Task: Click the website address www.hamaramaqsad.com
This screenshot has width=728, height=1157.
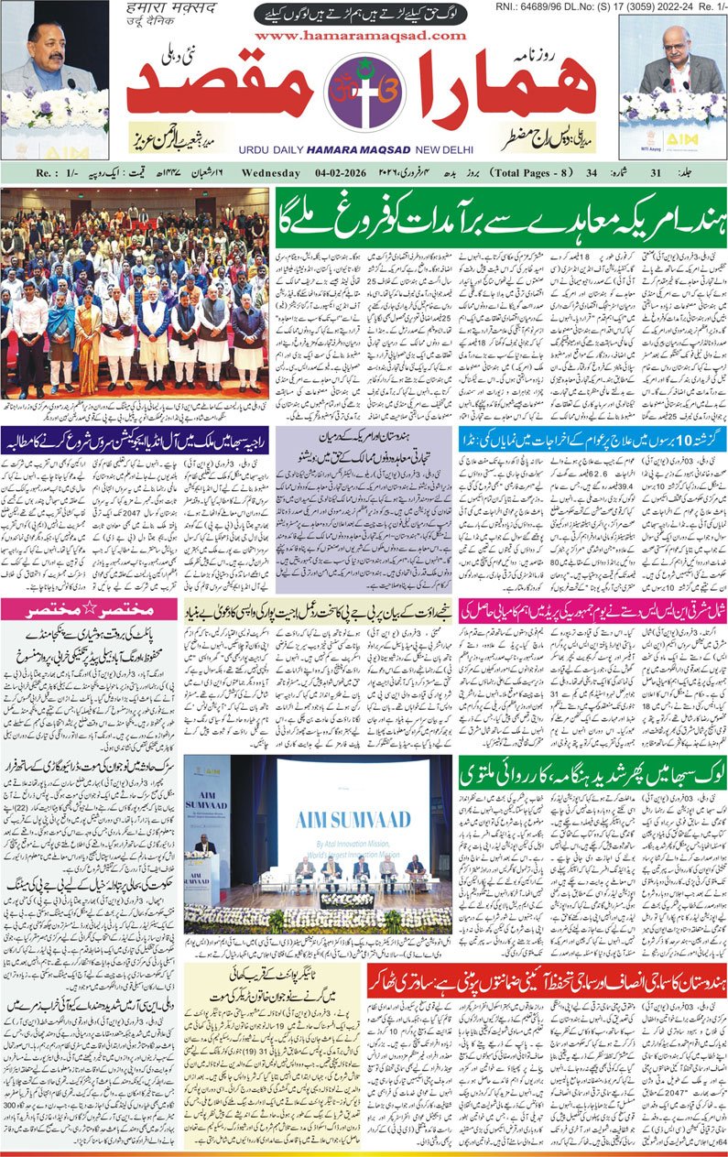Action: tap(361, 35)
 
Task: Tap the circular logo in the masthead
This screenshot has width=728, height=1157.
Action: tap(364, 99)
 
